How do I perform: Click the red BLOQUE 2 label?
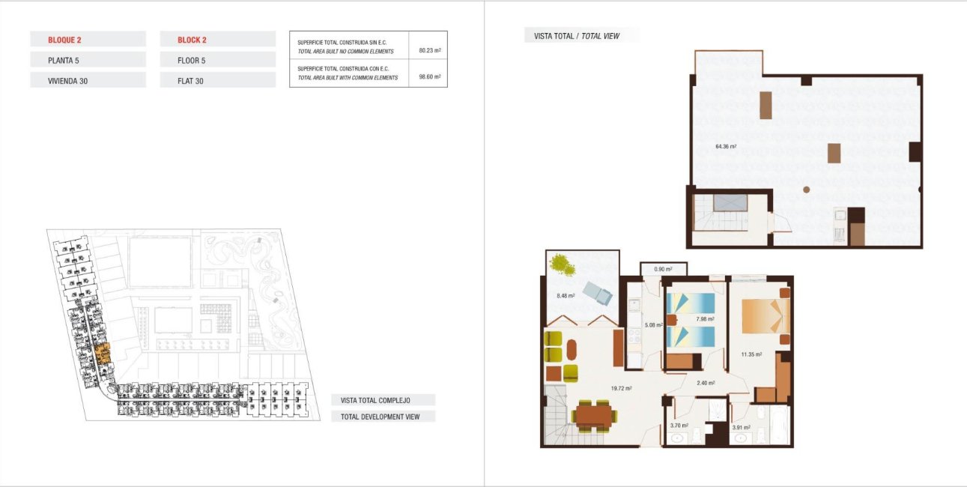coord(64,40)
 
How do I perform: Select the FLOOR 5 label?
coord(191,60)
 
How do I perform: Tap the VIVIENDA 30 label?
coord(67,80)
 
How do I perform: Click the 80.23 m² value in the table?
coord(429,50)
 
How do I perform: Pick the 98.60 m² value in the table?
coord(429,76)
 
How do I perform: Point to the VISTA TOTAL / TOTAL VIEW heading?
coord(576,36)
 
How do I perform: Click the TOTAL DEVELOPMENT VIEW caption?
coord(380,417)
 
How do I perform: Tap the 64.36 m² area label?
coord(726,147)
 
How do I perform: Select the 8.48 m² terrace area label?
coord(566,296)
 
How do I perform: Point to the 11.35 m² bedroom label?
coord(751,354)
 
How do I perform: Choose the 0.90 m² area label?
coord(663,269)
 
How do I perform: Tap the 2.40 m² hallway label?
coord(706,383)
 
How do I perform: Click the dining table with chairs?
coord(594,414)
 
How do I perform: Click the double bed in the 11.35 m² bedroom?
coord(764,316)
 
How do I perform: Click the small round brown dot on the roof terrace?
coord(806,190)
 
